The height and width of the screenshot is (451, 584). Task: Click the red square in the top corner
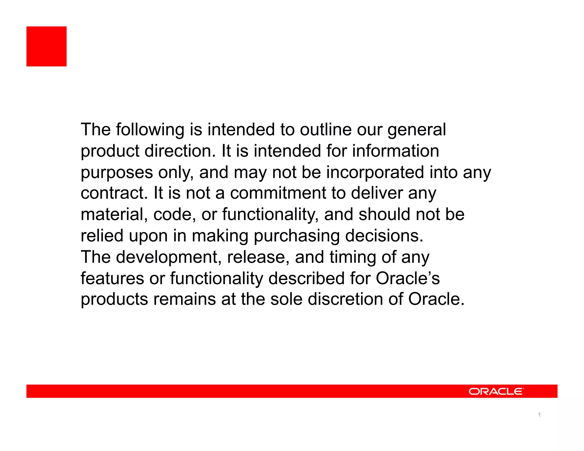[46, 46]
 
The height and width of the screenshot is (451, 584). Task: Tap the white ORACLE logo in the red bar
[496, 391]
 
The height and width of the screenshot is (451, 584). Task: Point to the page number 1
[539, 415]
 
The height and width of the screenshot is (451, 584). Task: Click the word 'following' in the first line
[150, 130]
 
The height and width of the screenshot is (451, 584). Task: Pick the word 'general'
[417, 130]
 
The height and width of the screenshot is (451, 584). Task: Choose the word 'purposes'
[117, 173]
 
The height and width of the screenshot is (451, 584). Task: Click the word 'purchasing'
[297, 236]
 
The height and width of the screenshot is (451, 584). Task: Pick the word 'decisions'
[384, 236]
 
